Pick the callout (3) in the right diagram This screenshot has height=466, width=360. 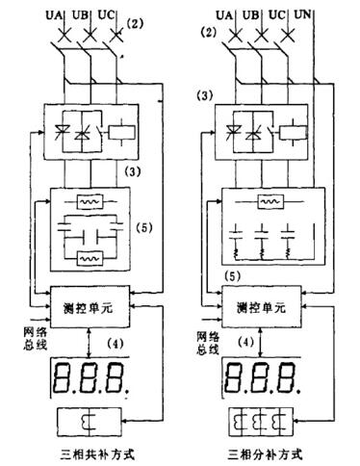203,96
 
